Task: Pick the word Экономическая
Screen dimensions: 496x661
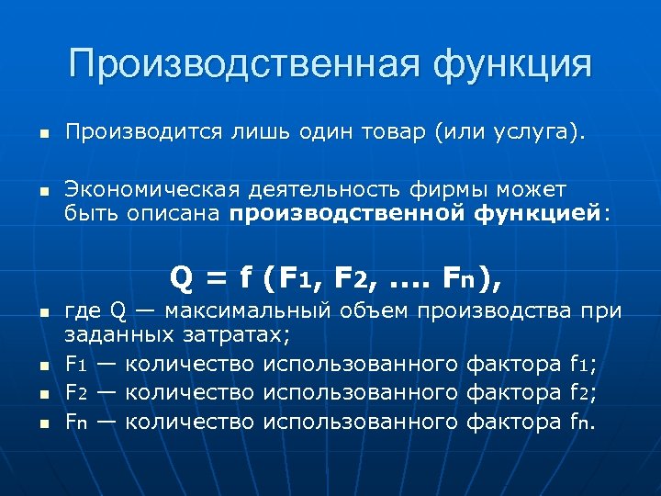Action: (151, 190)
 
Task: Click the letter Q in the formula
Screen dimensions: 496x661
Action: (181, 276)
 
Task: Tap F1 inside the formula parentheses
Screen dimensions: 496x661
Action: (296, 276)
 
